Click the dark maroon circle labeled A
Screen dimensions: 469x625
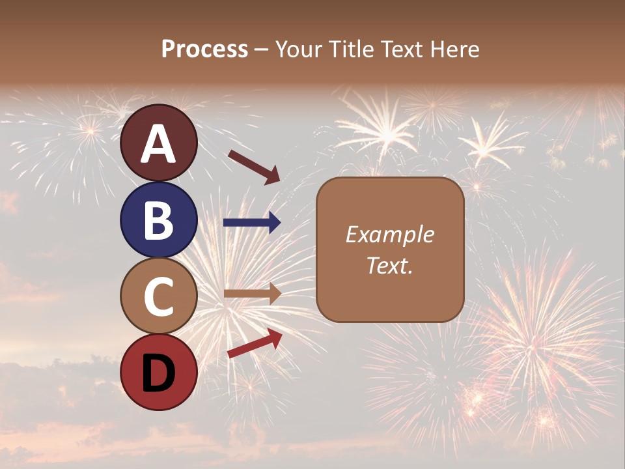pyautogui.click(x=158, y=143)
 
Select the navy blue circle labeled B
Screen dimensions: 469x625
pyautogui.click(x=158, y=220)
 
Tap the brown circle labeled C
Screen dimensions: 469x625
pyautogui.click(x=158, y=296)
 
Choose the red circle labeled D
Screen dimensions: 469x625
pyautogui.click(x=158, y=372)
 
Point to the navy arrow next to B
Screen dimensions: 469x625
pyautogui.click(x=252, y=223)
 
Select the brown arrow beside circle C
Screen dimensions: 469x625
pyautogui.click(x=252, y=294)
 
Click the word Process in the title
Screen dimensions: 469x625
pyautogui.click(x=204, y=49)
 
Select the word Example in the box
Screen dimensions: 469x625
pyautogui.click(x=389, y=234)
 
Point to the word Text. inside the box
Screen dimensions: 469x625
pyautogui.click(x=389, y=265)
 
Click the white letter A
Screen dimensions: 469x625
pyautogui.click(x=158, y=145)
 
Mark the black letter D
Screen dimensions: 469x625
pyautogui.click(x=158, y=373)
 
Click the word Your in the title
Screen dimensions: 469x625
pyautogui.click(x=298, y=49)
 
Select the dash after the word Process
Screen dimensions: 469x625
pyautogui.click(x=262, y=50)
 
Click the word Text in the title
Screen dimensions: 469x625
pyautogui.click(x=400, y=49)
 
